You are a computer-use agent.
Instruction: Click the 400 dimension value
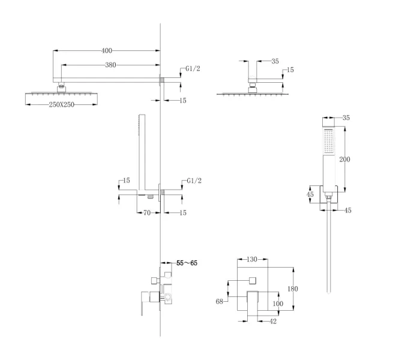[x=106, y=51]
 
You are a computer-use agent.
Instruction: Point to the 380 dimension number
[x=110, y=65]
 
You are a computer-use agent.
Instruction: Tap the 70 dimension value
[x=146, y=212]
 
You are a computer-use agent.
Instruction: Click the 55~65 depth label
[x=186, y=263]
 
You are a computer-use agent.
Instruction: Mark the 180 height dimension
[x=293, y=289]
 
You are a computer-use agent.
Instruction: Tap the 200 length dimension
[x=345, y=159]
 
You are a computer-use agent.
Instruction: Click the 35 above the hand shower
[x=346, y=118]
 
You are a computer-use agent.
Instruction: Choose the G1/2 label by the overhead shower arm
[x=193, y=69]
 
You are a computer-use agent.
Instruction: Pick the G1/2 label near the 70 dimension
[x=193, y=181]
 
